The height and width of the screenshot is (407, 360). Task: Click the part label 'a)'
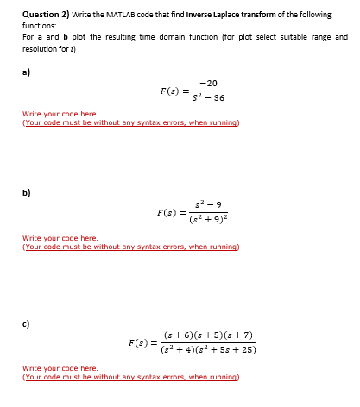point(26,72)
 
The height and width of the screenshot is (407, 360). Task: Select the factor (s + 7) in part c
point(238,334)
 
